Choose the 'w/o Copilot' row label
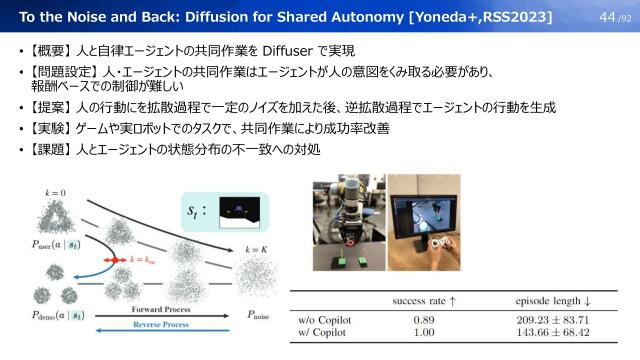tap(325, 320)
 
